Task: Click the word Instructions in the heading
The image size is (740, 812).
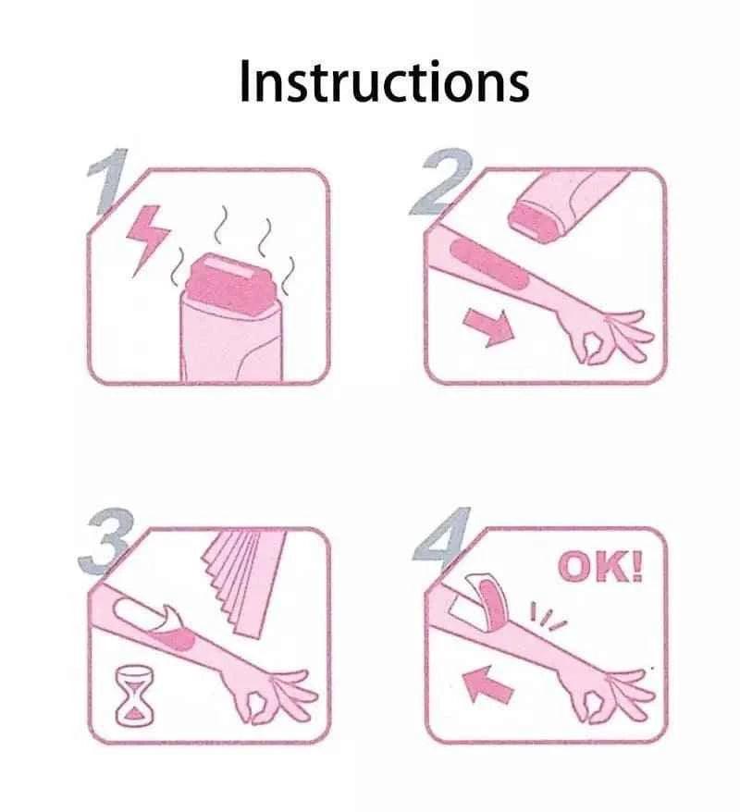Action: (x=384, y=80)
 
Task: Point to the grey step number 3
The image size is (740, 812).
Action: (x=107, y=541)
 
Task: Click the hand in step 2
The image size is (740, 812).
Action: (x=609, y=335)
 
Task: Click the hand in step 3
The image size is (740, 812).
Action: (x=272, y=694)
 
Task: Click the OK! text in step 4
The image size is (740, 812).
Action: (x=600, y=567)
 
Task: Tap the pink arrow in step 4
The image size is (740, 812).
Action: (x=487, y=684)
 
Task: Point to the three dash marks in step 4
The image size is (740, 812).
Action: (x=547, y=616)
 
